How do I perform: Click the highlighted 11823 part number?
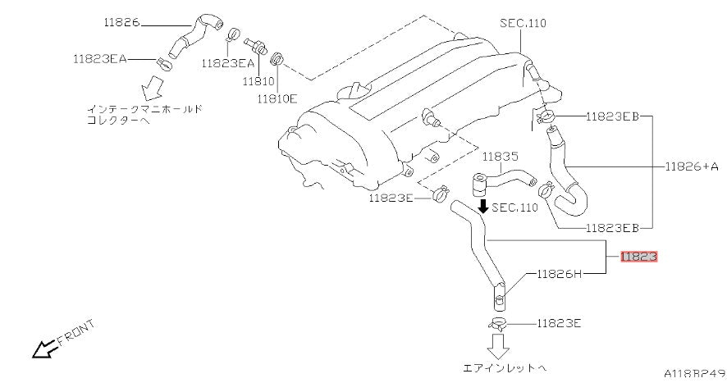639,257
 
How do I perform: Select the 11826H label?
559,274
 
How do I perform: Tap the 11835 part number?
501,157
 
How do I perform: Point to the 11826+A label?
692,166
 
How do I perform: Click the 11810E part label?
277,98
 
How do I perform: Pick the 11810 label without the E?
258,81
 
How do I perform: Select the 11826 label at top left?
121,22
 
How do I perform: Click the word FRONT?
76,333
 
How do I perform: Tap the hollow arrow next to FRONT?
45,349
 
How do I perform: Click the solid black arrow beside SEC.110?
483,207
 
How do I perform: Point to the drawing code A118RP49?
694,373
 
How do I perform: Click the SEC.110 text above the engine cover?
523,23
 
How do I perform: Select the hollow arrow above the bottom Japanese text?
498,347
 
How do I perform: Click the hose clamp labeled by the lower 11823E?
497,324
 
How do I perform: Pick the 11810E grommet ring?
277,59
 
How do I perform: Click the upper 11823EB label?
612,116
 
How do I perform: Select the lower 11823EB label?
612,228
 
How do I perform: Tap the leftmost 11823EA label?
99,59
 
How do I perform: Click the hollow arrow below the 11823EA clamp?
152,88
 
